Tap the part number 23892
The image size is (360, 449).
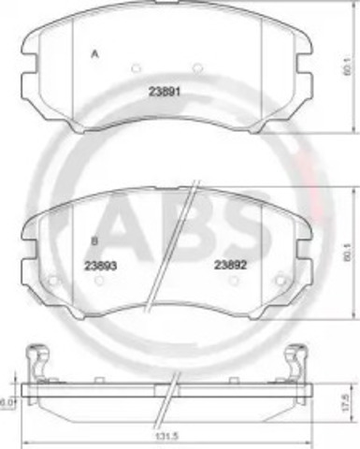click(x=229, y=265)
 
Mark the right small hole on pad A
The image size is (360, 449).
click(x=197, y=66)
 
